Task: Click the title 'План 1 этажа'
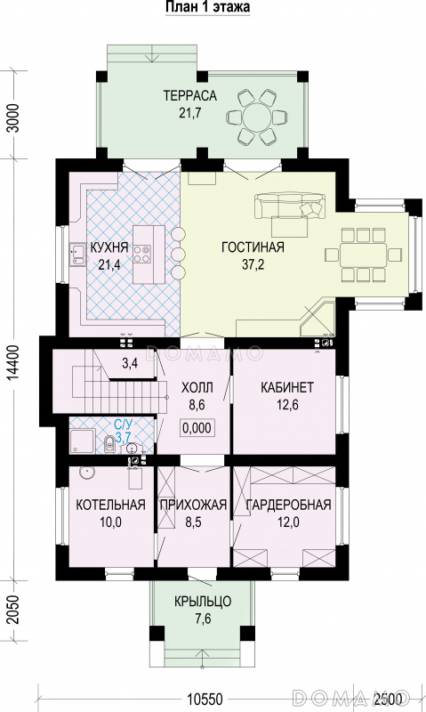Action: pos(207,7)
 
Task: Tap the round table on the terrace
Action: pos(257,117)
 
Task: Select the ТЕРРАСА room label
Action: pos(190,96)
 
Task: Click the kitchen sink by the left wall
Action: pos(77,255)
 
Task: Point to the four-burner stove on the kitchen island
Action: pos(142,254)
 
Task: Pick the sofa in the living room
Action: pos(290,206)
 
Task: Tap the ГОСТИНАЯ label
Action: pos(253,247)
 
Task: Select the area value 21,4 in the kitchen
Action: pos(109,265)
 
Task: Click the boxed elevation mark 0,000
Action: pos(197,427)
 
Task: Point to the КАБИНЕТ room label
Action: pos(287,387)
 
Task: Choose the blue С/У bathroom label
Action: pos(123,425)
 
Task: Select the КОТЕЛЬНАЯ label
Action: pos(110,505)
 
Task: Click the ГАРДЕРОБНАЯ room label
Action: pos(288,505)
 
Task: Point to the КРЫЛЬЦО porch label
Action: pos(203,602)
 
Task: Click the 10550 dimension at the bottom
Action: pos(205,699)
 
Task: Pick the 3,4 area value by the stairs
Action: pos(130,364)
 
